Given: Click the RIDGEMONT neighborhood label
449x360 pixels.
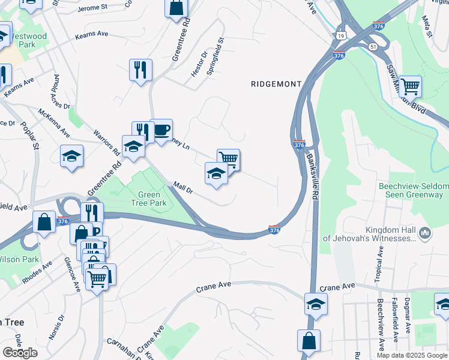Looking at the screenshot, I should tap(276, 85).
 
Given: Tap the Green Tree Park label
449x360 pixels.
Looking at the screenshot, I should tap(149, 199).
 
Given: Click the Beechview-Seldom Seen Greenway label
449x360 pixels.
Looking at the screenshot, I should tap(413, 191).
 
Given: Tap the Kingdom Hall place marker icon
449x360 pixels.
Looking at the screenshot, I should tap(425, 232).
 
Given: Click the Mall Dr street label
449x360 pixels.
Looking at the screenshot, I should tap(182, 189).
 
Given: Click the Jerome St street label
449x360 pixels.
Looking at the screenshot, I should tap(92, 8).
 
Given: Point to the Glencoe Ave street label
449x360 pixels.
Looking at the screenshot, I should tap(72, 274).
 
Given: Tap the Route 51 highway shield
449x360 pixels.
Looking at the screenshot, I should tap(373, 46).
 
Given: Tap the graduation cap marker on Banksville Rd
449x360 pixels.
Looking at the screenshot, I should tap(316, 304).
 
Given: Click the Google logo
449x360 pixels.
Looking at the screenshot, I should tap(20, 353).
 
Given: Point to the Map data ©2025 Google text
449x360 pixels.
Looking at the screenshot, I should tap(411, 355).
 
